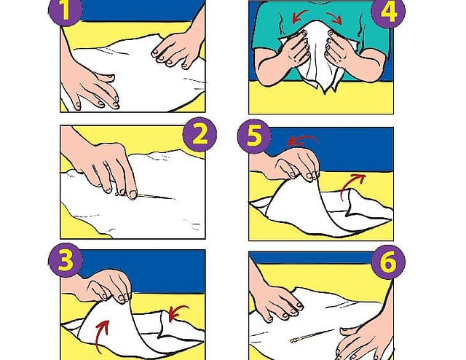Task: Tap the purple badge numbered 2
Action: [200, 135]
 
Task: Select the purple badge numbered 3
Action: [66, 261]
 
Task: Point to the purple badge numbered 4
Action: [388, 12]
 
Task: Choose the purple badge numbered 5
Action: [254, 136]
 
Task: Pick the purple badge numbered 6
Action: [388, 262]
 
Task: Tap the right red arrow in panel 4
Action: [335, 17]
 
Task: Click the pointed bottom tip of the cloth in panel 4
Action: [325, 93]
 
